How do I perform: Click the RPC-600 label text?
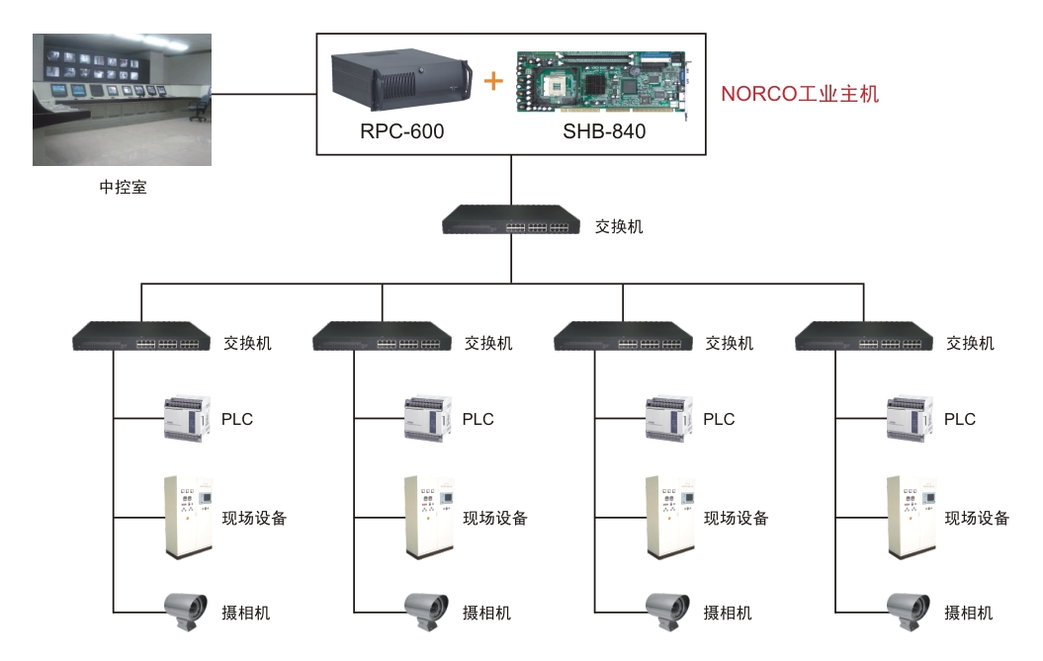click(401, 131)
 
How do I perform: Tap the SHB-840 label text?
click(604, 131)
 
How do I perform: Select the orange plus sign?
click(493, 81)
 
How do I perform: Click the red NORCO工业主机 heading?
click(800, 94)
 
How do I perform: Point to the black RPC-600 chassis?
click(401, 78)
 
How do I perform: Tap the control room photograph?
click(123, 100)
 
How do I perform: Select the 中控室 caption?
click(123, 188)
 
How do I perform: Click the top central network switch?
click(511, 219)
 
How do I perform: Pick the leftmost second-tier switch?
click(141, 337)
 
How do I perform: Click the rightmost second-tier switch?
click(863, 337)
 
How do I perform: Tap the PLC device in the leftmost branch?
click(187, 418)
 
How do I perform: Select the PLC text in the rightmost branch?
click(960, 419)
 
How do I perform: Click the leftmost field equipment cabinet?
click(188, 518)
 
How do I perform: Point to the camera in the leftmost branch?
click(186, 610)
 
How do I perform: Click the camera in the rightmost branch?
click(909, 610)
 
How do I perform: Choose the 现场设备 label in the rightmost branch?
click(977, 518)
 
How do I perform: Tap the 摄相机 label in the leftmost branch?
click(245, 613)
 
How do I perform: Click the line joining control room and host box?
click(264, 94)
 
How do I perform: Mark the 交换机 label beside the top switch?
click(619, 227)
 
